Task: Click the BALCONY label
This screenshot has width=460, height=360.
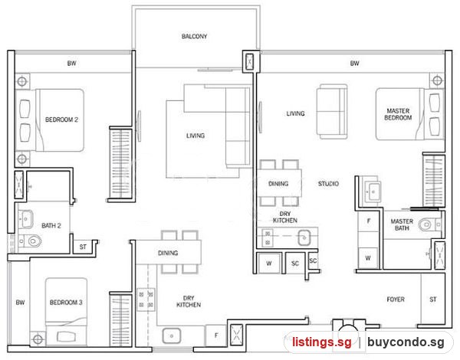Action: point(194,36)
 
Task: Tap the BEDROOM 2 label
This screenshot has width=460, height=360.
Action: point(61,119)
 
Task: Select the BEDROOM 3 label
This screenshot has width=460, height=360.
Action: point(66,303)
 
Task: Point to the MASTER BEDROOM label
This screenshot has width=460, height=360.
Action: point(398,114)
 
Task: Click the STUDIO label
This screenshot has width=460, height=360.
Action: point(329,184)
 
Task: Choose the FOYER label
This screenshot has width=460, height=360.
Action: point(396,299)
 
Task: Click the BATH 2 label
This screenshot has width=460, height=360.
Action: point(51,225)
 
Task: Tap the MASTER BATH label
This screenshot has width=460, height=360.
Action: point(402,224)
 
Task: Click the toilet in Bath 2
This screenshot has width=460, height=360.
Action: point(32,241)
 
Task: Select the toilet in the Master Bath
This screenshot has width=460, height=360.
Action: point(429,225)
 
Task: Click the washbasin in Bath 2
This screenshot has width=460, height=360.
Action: point(25,219)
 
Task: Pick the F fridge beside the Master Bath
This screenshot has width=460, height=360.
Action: point(369,221)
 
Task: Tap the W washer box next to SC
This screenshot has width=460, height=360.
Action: point(269,263)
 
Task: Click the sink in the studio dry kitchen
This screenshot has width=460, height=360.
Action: point(304,237)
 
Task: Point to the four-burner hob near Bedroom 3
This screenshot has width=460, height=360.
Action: point(146,299)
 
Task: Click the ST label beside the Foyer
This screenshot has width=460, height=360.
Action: point(433,299)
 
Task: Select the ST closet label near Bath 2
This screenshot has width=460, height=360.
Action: point(83,247)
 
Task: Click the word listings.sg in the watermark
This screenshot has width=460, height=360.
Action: point(322,342)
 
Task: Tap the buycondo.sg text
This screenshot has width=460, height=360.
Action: point(406,342)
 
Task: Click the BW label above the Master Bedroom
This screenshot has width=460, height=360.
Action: point(354,63)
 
